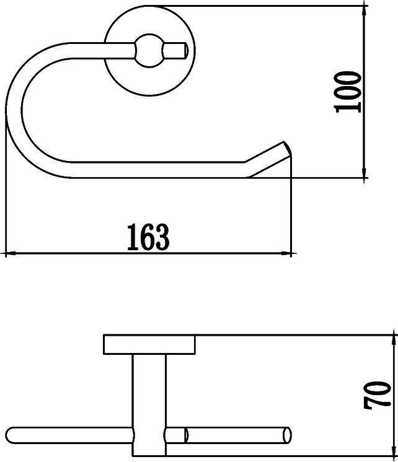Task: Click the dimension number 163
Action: click(x=148, y=237)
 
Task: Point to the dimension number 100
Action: click(x=348, y=92)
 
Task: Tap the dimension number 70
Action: click(x=378, y=403)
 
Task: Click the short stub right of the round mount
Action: click(x=177, y=49)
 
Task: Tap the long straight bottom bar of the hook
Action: click(x=155, y=170)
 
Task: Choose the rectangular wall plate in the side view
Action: click(x=149, y=345)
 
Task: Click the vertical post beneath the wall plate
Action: click(x=149, y=390)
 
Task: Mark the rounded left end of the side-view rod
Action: click(x=14, y=435)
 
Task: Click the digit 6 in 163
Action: click(x=148, y=237)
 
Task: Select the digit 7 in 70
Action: click(x=378, y=414)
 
